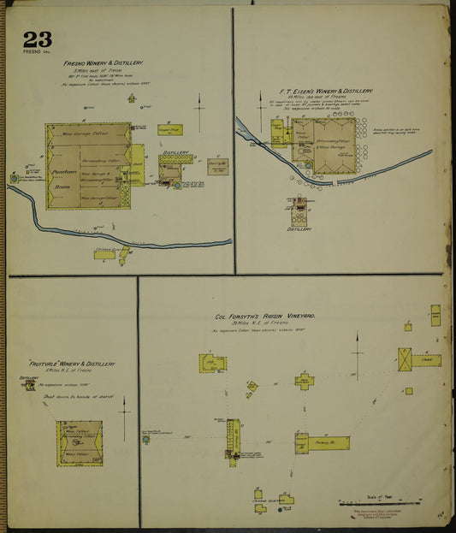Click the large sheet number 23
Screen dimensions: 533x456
click(37, 39)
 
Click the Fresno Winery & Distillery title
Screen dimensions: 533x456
click(103, 63)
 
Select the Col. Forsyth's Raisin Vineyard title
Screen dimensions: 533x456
click(265, 316)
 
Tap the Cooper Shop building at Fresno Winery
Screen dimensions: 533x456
click(169, 130)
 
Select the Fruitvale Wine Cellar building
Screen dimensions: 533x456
click(80, 442)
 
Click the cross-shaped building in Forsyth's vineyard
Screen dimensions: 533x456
click(305, 381)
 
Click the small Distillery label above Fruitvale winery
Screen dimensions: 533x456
click(29, 377)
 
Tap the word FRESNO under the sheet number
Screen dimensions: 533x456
click(31, 53)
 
